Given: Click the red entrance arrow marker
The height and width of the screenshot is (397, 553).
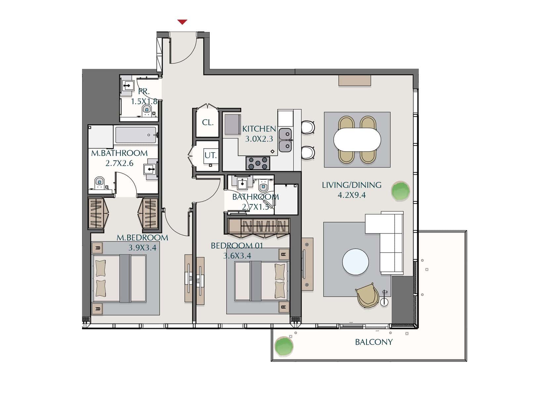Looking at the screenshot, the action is pos(182,22).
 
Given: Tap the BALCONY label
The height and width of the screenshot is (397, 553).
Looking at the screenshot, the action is pos(374,342).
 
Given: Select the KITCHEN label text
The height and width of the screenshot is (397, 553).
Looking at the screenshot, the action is pos(259,129).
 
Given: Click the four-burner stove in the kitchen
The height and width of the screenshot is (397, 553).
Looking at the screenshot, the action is pos(258,163).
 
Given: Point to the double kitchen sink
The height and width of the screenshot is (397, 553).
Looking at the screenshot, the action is pos(285,140).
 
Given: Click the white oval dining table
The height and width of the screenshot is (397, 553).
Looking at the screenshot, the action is pos(357,140).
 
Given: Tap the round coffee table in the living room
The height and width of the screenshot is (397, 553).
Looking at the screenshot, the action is pos(356,262).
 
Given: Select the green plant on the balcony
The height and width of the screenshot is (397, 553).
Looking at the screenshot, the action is pos(284,346).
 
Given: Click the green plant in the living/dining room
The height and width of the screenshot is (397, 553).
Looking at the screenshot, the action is pos(401,191).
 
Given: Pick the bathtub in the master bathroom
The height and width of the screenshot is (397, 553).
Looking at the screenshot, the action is pos(136,135).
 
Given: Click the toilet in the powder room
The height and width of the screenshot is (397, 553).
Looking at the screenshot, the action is pos(147,110).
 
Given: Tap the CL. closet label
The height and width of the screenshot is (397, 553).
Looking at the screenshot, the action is pos(208,122).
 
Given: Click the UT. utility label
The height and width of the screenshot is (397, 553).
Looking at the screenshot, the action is pos(211,155).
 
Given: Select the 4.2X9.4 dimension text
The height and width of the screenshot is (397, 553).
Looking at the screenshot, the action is pos(352,195).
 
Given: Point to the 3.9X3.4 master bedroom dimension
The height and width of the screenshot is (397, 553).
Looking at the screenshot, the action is pos(143,248).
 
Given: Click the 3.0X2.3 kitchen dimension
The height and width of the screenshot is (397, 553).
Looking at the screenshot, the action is pos(259,139).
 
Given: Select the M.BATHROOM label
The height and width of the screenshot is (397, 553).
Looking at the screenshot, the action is pos(119,153).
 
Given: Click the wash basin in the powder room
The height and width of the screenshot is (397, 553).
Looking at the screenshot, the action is pos(128,86).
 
